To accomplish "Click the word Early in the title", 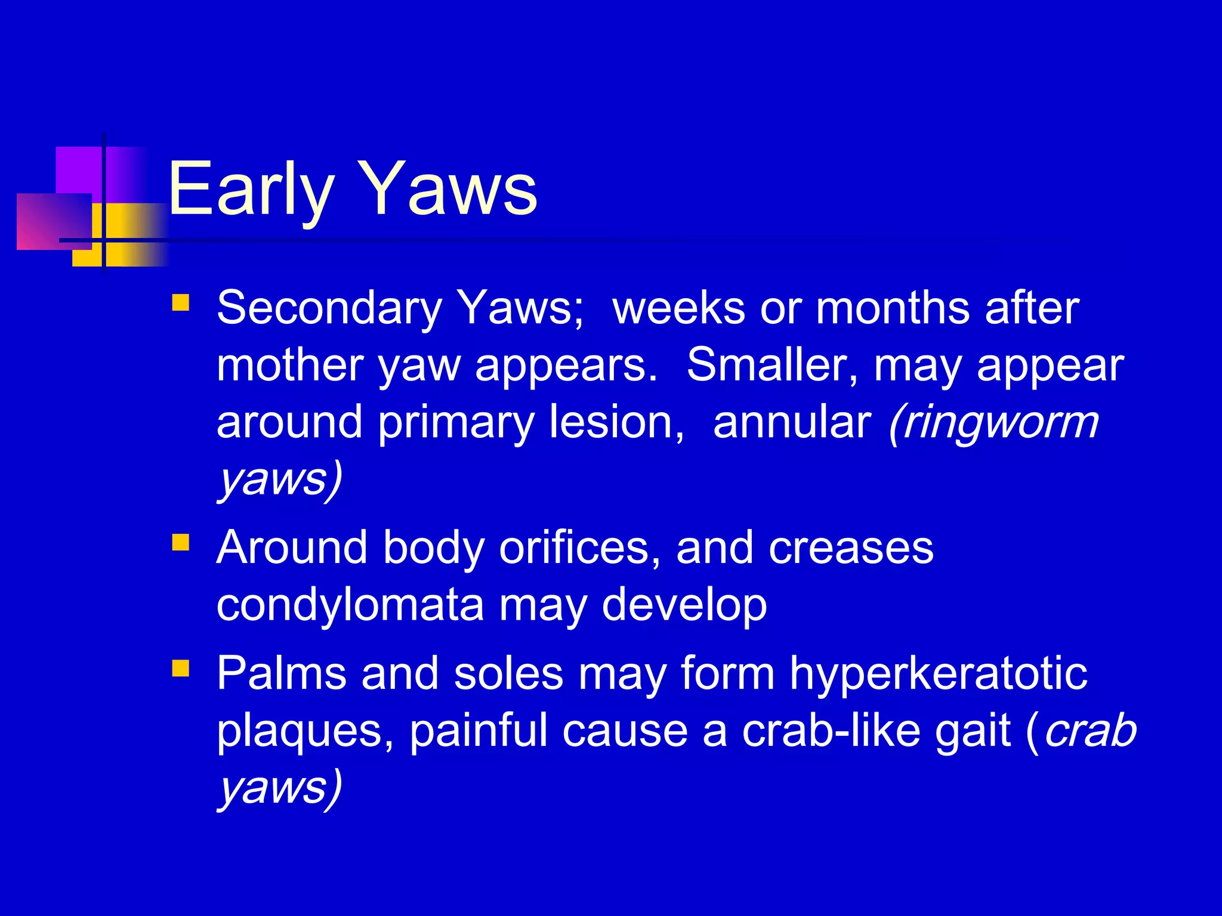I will tap(249, 190).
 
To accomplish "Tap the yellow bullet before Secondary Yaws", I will tap(180, 302).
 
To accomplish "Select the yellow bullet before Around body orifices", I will tap(180, 542).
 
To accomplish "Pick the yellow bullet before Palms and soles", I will tap(180, 668).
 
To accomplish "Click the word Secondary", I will tap(329, 309).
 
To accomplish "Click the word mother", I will tap(290, 365).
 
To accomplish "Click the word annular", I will tap(792, 422).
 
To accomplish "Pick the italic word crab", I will tap(1091, 731).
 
